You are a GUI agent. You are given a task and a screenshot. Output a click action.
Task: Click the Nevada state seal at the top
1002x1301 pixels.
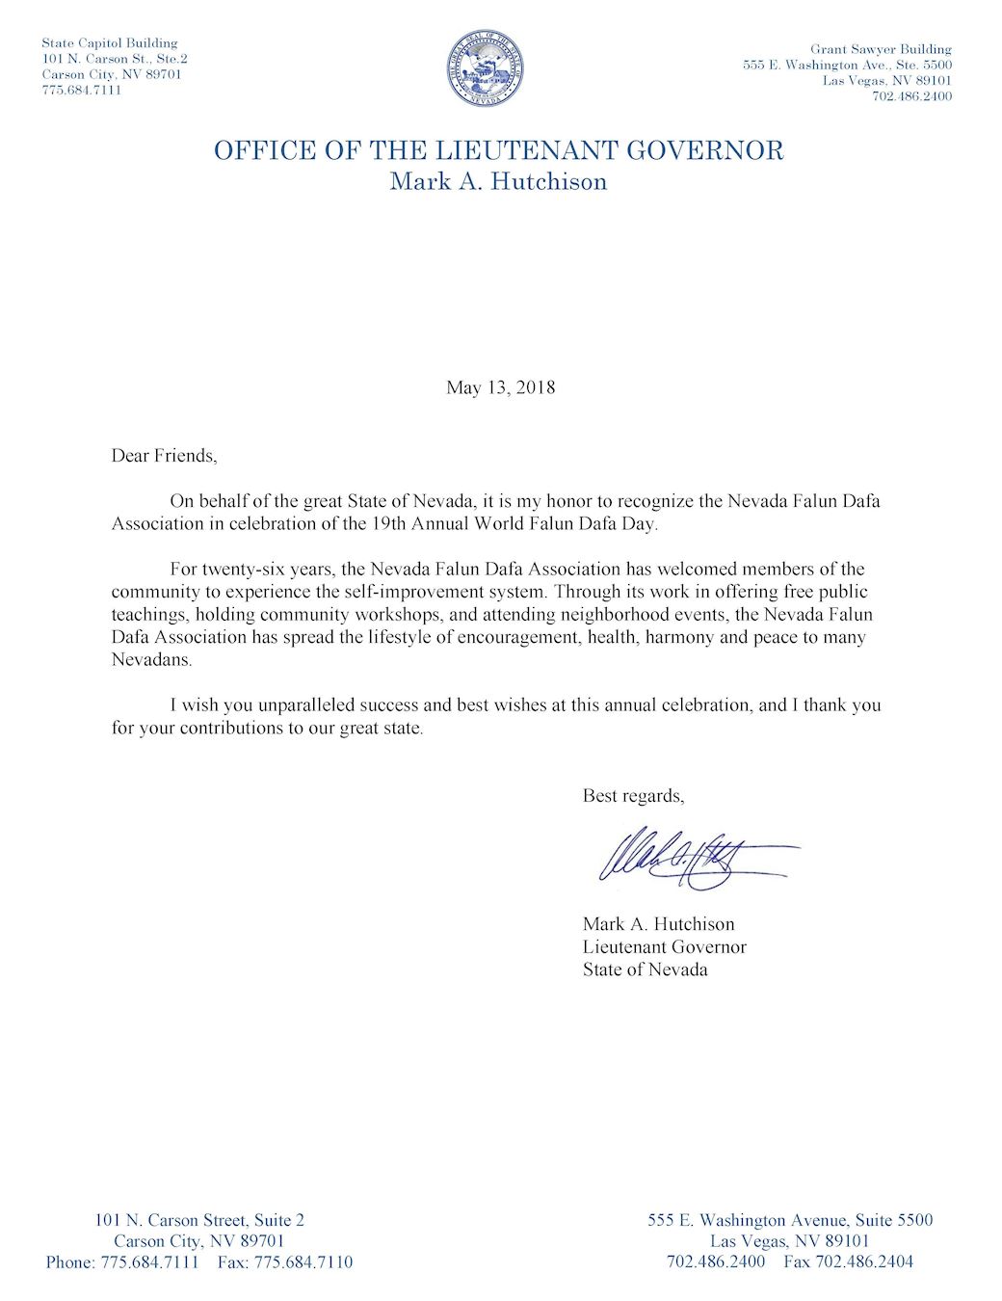click(486, 68)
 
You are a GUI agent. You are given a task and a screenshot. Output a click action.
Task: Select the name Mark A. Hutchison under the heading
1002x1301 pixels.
click(498, 181)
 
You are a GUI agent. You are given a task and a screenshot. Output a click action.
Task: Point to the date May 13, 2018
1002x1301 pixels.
click(500, 387)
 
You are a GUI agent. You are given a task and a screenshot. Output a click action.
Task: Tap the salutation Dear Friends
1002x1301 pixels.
click(164, 456)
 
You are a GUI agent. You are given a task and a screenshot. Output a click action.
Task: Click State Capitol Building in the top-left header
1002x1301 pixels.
click(110, 42)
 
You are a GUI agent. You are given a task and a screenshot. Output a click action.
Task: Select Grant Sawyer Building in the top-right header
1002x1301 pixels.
click(881, 49)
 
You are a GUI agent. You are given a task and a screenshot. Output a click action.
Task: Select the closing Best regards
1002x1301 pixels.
click(633, 796)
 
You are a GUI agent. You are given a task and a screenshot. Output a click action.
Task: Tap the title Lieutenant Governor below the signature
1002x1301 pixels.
click(664, 947)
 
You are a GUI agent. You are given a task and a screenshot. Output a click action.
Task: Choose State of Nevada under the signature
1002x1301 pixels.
click(645, 969)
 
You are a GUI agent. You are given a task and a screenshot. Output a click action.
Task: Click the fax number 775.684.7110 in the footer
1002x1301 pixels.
click(303, 1262)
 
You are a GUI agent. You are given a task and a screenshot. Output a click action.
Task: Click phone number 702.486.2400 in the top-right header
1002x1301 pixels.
click(911, 96)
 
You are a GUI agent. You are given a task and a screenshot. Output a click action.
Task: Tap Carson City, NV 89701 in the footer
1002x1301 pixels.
click(198, 1241)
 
